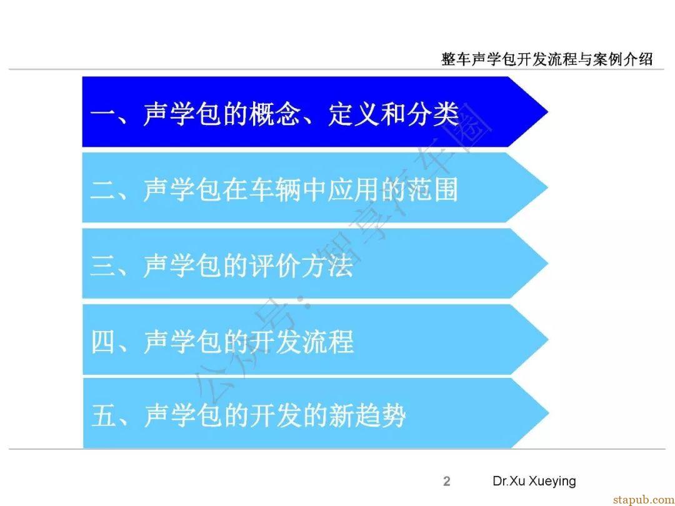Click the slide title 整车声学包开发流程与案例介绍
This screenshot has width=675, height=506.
[547, 59]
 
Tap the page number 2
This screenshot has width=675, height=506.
[447, 481]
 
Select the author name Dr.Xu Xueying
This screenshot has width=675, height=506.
[534, 481]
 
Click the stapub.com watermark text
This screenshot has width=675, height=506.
[644, 499]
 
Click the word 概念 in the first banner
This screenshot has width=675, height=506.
[276, 114]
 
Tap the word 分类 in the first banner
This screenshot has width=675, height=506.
[433, 114]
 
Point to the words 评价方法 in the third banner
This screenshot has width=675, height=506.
[302, 266]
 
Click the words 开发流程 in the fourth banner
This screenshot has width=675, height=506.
[302, 342]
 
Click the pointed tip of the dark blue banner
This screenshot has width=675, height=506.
[547, 112]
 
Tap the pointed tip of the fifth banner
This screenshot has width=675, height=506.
[548, 413]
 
